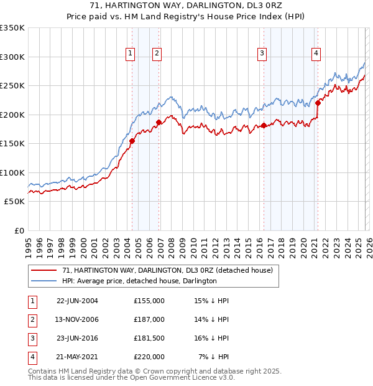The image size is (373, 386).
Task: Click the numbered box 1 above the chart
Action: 131,54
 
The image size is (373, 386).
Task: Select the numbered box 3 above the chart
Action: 262,54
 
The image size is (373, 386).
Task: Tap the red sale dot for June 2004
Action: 132,141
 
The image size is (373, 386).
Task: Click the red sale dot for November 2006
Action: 159,123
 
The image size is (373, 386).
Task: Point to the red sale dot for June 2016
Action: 264,126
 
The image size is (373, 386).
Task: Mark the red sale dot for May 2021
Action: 318,103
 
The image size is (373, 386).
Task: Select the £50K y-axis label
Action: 14,202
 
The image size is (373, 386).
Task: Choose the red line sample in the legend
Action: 44,271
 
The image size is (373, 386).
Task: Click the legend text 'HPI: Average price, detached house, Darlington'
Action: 139,281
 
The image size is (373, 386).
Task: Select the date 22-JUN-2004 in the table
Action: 77,301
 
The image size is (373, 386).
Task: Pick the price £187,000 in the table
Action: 149,319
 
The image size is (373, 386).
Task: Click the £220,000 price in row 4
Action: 149,357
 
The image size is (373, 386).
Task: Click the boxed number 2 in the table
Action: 30,319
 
